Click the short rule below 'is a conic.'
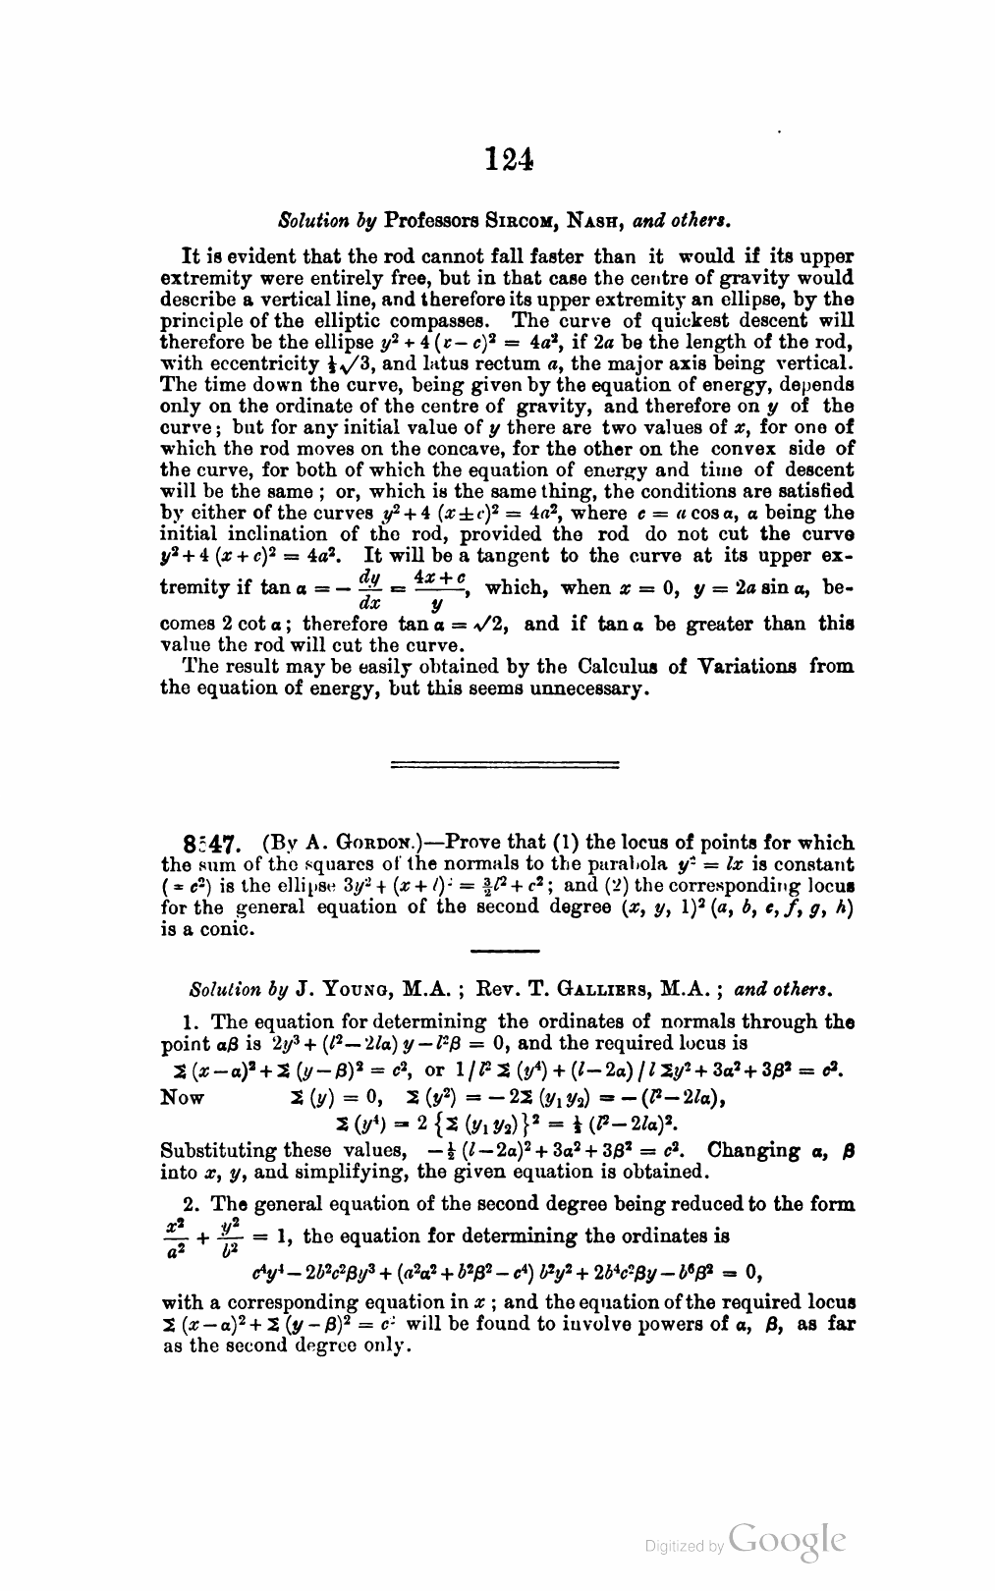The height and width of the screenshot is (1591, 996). pos(505,951)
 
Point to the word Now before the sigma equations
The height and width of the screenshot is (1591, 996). pos(183,1098)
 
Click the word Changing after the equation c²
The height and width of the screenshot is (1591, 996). pos(757,1150)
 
